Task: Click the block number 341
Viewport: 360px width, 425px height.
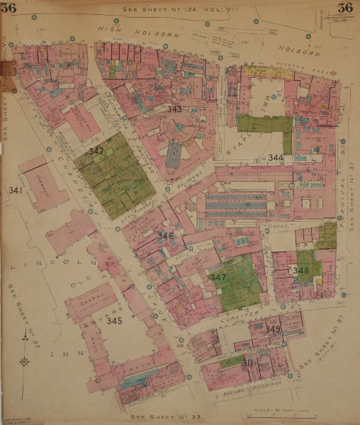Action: [16, 191]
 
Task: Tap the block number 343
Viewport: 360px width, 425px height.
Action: [174, 109]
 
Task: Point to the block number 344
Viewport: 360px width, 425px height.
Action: [276, 157]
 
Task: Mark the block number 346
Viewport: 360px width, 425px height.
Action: [166, 235]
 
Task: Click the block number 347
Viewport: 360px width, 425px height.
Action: [218, 277]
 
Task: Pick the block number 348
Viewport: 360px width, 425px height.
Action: [300, 270]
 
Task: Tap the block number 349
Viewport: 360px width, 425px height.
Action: [273, 329]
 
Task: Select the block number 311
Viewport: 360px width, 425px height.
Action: [249, 363]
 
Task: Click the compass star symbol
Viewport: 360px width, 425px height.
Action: [26, 361]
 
